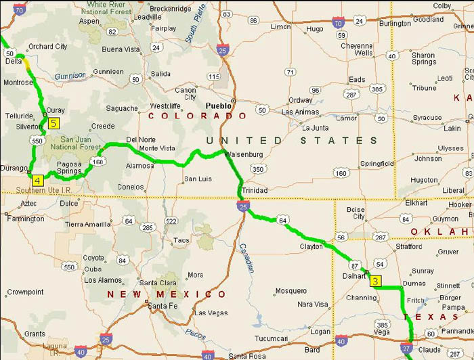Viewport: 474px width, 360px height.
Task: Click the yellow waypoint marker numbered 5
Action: pos(53,123)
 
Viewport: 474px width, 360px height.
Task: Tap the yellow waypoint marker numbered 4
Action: pos(37,180)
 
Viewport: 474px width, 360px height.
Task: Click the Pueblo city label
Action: pos(219,106)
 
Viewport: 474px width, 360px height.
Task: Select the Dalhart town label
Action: pos(354,276)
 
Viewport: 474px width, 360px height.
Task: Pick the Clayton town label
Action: pos(311,247)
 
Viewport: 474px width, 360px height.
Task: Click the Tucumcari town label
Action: pos(271,338)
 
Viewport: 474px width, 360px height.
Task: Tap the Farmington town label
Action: pos(26,219)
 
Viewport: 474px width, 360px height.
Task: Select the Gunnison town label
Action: pos(108,72)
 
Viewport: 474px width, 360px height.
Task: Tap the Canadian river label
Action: pos(247,257)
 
